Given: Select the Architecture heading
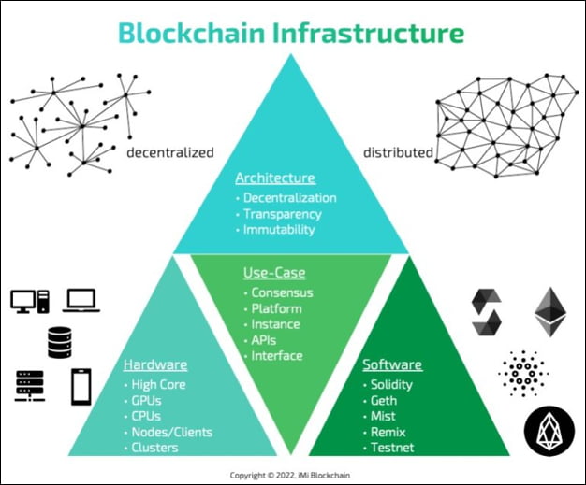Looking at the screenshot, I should click(274, 178).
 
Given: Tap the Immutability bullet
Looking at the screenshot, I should click(278, 230).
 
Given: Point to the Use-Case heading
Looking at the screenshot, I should click(274, 274).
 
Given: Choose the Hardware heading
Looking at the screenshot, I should click(155, 364).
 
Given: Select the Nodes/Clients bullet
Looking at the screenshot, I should click(171, 432).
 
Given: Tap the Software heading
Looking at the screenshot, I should click(393, 364).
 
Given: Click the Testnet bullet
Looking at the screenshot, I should click(391, 448).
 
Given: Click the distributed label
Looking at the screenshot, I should click(398, 151).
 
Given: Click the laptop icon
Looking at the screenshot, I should click(82, 301).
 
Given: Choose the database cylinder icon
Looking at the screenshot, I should click(56, 342).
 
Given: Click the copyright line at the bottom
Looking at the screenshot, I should click(292, 473).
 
